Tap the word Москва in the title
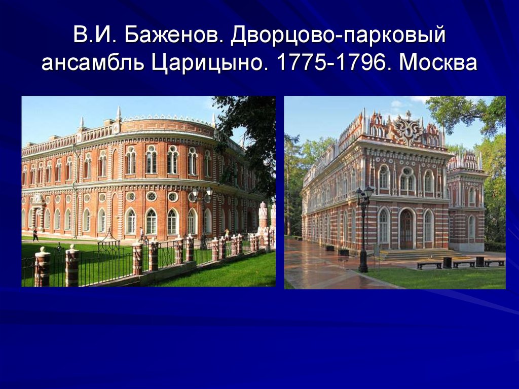[x=438, y=62]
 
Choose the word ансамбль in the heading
[x=93, y=62]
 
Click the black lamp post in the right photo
[x=364, y=229]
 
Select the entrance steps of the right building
[x=420, y=255]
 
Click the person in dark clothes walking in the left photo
[x=35, y=235]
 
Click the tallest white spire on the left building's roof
[x=119, y=114]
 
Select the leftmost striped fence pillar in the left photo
[x=43, y=267]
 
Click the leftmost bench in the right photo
[x=429, y=265]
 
